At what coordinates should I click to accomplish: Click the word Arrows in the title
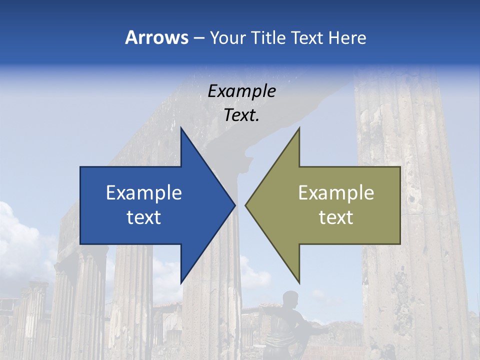click(156, 37)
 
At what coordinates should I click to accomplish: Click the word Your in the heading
click(228, 37)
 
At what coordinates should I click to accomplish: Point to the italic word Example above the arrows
click(242, 91)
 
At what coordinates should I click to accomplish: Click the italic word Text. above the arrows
click(242, 115)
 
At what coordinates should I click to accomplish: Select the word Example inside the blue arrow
click(144, 193)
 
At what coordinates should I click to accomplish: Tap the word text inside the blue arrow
click(144, 217)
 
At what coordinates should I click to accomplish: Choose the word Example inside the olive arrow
click(336, 193)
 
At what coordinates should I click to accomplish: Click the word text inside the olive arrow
click(336, 217)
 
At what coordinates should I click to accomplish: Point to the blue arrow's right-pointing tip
click(234, 205)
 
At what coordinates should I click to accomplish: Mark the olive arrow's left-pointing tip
click(246, 205)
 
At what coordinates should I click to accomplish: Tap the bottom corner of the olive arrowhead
click(299, 281)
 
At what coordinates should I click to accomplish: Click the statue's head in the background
click(290, 298)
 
